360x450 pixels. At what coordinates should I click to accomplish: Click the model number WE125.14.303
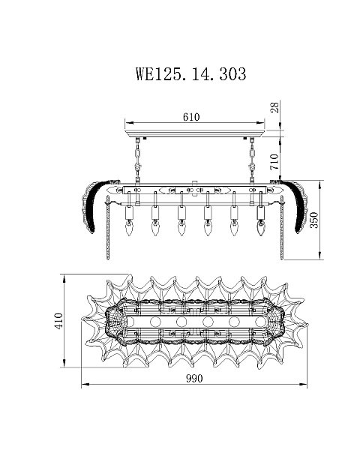(191, 74)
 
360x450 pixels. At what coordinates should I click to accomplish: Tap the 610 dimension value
(191, 117)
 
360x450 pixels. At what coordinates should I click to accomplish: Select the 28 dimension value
(275, 107)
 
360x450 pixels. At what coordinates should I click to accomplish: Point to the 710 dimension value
(275, 161)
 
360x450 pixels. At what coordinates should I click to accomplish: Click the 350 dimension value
(315, 220)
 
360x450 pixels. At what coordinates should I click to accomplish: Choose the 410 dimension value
(58, 321)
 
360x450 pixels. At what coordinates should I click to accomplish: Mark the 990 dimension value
(194, 379)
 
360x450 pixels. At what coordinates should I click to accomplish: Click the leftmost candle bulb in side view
(130, 227)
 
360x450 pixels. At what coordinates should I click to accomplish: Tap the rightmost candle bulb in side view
(261, 227)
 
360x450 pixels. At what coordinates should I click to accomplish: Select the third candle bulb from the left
(181, 227)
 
